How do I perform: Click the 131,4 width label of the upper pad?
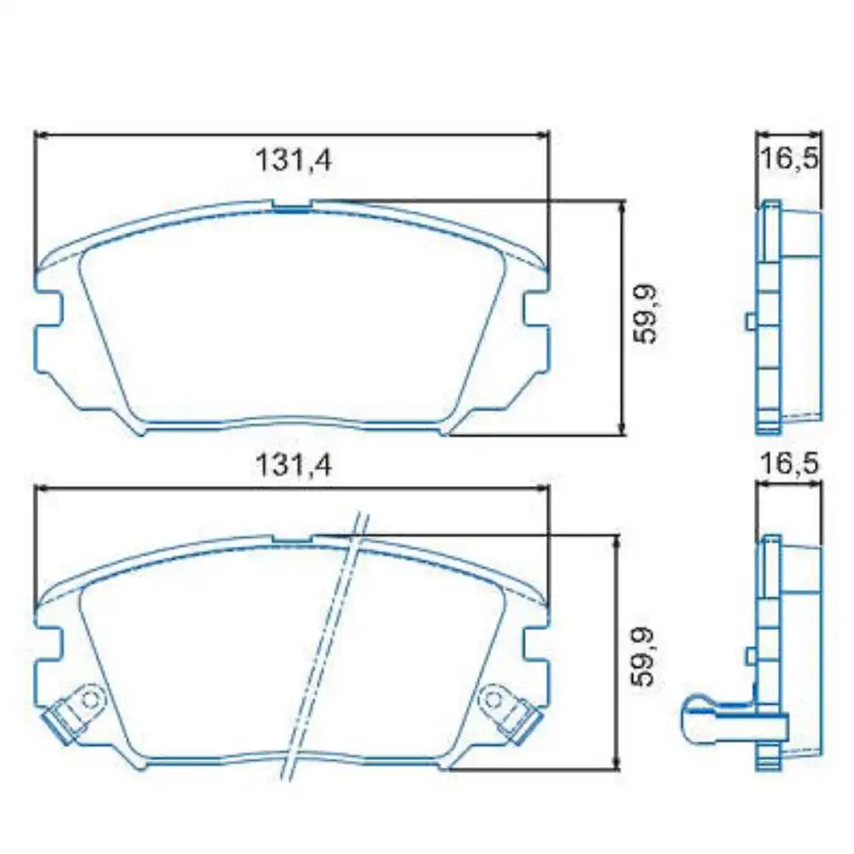tap(293, 160)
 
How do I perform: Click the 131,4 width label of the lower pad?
tap(293, 465)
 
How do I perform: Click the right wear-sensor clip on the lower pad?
tap(511, 711)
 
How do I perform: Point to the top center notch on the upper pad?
tap(293, 205)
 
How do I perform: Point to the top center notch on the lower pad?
tap(293, 539)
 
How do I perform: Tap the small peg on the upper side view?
tap(750, 321)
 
